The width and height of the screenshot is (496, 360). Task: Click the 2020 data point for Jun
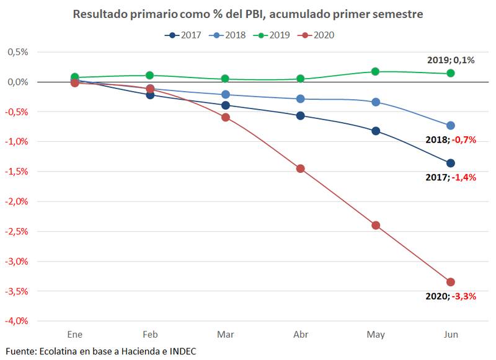451,282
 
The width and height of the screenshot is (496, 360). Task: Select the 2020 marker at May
376,225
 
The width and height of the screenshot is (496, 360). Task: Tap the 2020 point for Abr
301,169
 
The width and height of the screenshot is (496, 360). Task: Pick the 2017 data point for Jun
451,163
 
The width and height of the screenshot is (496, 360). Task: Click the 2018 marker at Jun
451,125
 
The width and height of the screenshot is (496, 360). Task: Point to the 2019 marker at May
376,71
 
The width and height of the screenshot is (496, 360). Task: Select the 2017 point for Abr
301,115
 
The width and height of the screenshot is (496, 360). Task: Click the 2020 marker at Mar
225,117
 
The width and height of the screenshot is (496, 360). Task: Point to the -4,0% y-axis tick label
17,321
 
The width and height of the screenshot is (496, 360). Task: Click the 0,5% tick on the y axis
18,52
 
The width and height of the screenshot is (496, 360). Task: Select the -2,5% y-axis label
17,231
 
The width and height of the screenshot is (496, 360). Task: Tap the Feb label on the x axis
150,335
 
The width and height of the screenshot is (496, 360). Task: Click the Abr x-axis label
301,335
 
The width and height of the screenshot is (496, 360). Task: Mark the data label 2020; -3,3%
451,296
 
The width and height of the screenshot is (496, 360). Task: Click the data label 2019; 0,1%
451,60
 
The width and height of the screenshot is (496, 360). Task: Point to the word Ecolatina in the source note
60,351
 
